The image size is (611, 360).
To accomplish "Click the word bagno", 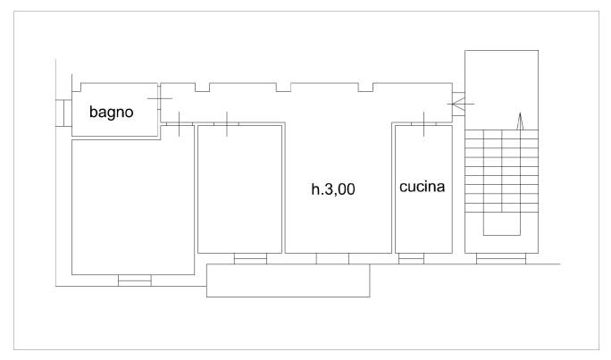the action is pyautogui.click(x=112, y=113).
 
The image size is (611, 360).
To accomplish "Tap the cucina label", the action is pyautogui.click(x=422, y=187).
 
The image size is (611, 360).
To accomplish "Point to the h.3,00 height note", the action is pyautogui.click(x=333, y=189).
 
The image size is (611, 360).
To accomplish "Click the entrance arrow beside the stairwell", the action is pyautogui.click(x=461, y=104).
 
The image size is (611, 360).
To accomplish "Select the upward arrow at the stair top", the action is pyautogui.click(x=520, y=121).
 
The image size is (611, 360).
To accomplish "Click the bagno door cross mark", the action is pyautogui.click(x=159, y=98).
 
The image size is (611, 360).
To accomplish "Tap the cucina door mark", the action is pyautogui.click(x=423, y=124).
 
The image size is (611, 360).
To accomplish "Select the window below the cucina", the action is pyautogui.click(x=411, y=259).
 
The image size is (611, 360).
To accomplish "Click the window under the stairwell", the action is pyautogui.click(x=501, y=259).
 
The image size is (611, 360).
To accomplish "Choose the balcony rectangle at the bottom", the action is pyautogui.click(x=289, y=280).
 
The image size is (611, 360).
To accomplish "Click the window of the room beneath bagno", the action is pyautogui.click(x=134, y=280).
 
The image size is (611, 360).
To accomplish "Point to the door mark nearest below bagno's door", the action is pyautogui.click(x=179, y=124).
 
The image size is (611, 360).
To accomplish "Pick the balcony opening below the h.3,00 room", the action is pyautogui.click(x=332, y=259).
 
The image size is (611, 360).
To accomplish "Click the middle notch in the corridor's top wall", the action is pyautogui.click(x=283, y=88).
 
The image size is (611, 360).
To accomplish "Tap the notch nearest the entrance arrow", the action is pyautogui.click(x=365, y=88).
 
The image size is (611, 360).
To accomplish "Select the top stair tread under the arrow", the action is pyautogui.click(x=501, y=134).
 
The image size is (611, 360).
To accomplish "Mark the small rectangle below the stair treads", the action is pyautogui.click(x=502, y=223).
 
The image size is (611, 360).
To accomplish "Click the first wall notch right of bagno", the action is pyautogui.click(x=202, y=88).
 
